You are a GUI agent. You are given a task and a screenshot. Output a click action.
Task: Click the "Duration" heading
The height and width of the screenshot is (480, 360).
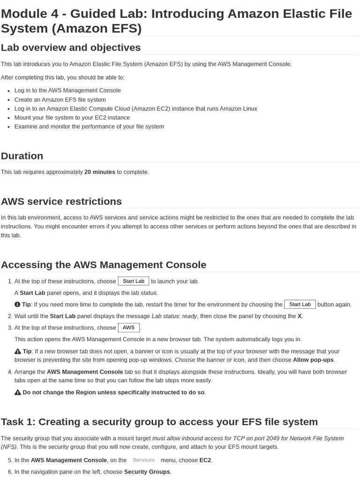click(22, 156)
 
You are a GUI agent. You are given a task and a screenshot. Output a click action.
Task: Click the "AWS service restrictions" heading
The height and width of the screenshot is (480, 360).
click(61, 202)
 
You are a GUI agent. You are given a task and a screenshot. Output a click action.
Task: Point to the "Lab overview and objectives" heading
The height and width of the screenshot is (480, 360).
click(71, 48)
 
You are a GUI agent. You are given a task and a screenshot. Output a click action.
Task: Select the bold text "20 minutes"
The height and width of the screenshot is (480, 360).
click(99, 172)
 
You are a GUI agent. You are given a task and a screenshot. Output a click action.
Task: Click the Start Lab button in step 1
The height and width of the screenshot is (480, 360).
click(134, 281)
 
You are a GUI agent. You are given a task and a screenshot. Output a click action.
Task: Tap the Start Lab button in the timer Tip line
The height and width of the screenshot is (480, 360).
click(300, 304)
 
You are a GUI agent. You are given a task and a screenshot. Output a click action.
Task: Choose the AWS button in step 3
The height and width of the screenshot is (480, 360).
click(128, 328)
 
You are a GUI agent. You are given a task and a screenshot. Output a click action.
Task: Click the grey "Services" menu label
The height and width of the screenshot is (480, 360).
click(143, 460)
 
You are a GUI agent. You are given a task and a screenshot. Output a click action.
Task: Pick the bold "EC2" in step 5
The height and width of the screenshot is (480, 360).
click(205, 460)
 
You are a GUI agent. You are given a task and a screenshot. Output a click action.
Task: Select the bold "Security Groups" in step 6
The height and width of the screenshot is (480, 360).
click(147, 472)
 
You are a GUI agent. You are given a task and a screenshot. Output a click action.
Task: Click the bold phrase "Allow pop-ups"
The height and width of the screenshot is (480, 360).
click(314, 360)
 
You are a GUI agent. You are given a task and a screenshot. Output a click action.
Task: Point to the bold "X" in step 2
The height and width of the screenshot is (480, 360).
click(300, 316)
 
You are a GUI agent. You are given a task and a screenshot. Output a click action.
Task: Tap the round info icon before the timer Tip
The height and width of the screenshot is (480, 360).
click(17, 305)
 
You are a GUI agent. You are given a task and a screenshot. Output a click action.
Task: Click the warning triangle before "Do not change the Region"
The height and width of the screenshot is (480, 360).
click(18, 392)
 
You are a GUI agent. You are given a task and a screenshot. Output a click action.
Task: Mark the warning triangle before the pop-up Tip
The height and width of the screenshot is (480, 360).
click(18, 352)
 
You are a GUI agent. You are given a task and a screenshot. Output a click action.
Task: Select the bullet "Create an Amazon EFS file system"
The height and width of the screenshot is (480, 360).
click(60, 100)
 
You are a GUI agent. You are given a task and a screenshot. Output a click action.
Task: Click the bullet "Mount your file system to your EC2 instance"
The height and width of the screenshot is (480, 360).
click(72, 118)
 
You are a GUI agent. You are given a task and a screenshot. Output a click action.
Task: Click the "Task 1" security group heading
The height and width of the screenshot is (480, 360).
click(159, 422)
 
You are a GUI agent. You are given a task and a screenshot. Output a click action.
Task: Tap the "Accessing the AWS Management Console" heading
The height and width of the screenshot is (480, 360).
click(104, 265)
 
